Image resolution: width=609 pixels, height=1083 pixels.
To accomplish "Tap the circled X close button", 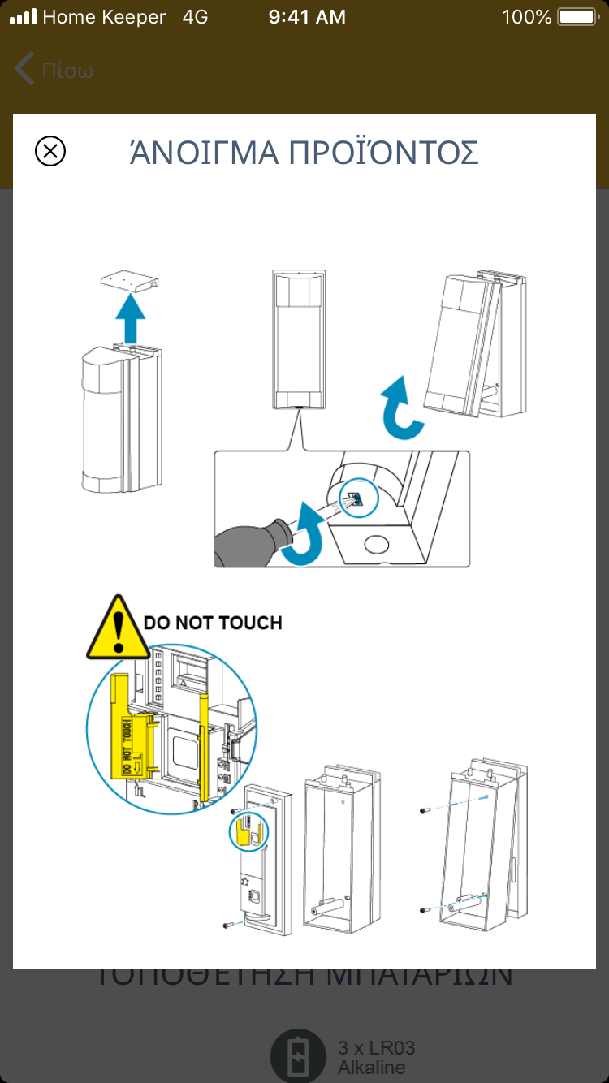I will click(50, 151).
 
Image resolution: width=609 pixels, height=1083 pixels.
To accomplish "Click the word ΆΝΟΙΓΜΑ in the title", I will click(203, 153).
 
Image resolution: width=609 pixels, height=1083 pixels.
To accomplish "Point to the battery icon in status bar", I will click(577, 17).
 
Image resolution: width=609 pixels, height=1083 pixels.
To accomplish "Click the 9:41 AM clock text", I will click(307, 17).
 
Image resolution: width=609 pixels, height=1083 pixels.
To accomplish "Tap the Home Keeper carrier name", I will click(104, 17).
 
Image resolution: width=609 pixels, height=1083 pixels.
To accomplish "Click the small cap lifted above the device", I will click(128, 282).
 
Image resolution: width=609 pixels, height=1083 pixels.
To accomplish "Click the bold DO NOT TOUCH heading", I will click(213, 623).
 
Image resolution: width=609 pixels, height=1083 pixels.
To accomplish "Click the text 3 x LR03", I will click(377, 1048).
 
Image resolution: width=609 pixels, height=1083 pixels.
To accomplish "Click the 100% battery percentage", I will click(527, 17).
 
